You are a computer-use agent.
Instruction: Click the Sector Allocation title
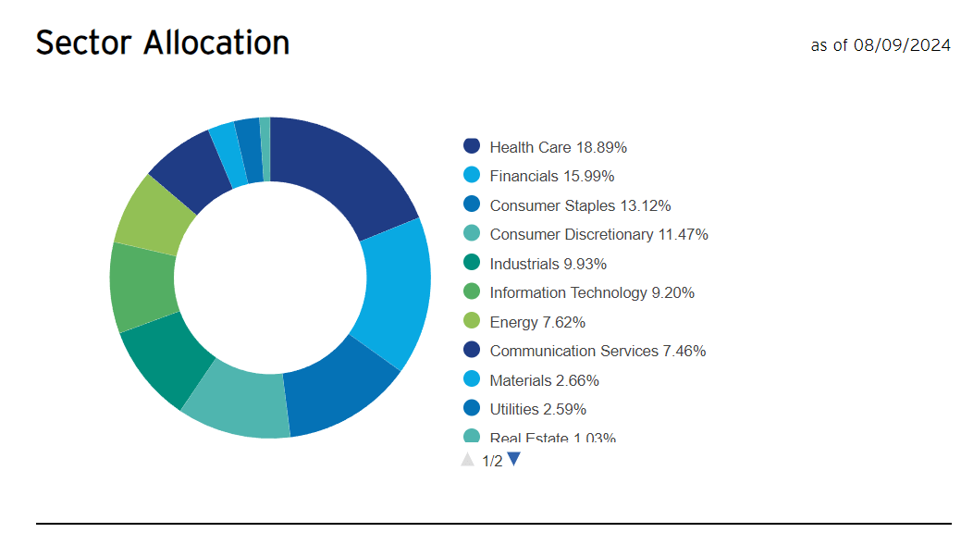163,43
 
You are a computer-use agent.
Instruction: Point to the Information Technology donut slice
142,286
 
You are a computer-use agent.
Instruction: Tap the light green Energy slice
153,213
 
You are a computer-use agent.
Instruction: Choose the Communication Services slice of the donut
189,167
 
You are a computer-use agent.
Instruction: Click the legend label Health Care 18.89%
558,147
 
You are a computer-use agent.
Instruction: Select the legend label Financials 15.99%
551,176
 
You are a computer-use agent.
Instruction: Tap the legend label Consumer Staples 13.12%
580,205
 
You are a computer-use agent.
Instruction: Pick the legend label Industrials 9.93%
548,264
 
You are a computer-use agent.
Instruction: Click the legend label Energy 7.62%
537,322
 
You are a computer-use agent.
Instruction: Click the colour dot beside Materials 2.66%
472,379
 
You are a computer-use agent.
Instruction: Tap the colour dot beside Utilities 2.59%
472,408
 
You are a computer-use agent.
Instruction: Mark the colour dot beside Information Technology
472,291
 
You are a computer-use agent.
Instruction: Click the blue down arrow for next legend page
514,459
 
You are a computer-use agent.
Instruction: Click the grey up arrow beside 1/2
468,460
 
